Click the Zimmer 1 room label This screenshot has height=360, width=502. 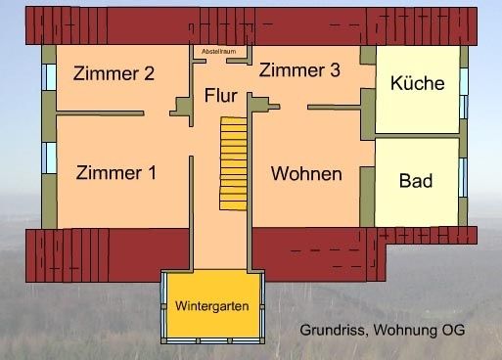tap(115, 173)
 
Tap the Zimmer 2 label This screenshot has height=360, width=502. tap(114, 72)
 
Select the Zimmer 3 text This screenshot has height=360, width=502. tap(299, 70)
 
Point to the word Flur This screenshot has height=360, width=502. tap(221, 96)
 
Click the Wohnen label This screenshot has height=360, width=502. tap(306, 174)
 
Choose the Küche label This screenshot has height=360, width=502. tap(417, 84)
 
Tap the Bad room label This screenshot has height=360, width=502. tap(416, 181)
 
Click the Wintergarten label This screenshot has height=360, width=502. tap(211, 306)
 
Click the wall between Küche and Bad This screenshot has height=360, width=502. tap(417, 136)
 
